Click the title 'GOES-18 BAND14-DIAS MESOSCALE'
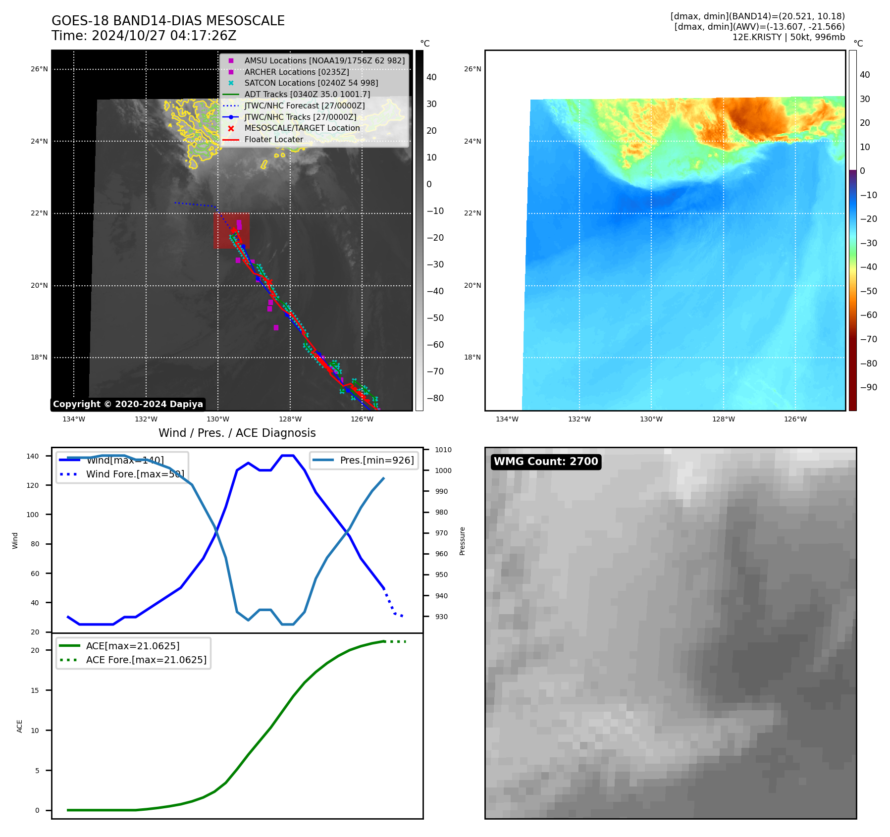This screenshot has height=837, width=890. (x=168, y=21)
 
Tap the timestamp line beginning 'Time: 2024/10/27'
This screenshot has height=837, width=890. (x=144, y=36)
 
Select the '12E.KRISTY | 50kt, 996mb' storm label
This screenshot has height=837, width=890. (x=788, y=37)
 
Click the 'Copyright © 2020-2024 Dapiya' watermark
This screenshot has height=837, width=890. (x=128, y=404)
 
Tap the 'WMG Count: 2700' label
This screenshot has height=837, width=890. (x=546, y=462)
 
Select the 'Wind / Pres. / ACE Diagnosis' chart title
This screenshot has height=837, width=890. (x=237, y=433)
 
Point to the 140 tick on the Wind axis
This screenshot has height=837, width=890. (x=33, y=456)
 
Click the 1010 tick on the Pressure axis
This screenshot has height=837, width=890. (x=443, y=450)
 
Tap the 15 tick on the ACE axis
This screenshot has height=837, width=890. (x=35, y=690)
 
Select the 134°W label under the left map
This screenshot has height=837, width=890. (x=74, y=419)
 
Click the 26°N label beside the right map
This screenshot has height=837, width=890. (x=472, y=69)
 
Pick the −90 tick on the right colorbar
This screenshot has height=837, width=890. (x=868, y=387)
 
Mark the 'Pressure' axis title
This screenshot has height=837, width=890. (x=462, y=541)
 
